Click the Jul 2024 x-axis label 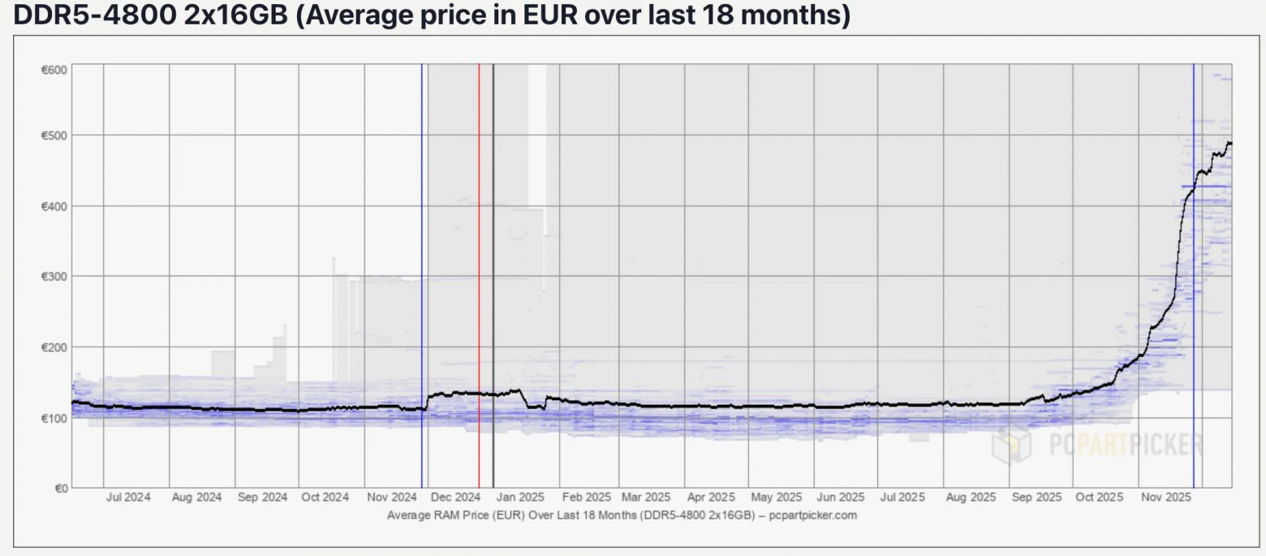128,498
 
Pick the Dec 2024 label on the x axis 455,498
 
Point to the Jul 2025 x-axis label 902,498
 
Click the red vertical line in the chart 479,244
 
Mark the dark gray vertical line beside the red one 493,244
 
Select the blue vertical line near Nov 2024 422,244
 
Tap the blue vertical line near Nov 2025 1194,244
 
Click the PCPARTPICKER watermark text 1123,445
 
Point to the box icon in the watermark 1011,445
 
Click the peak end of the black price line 1229,143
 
